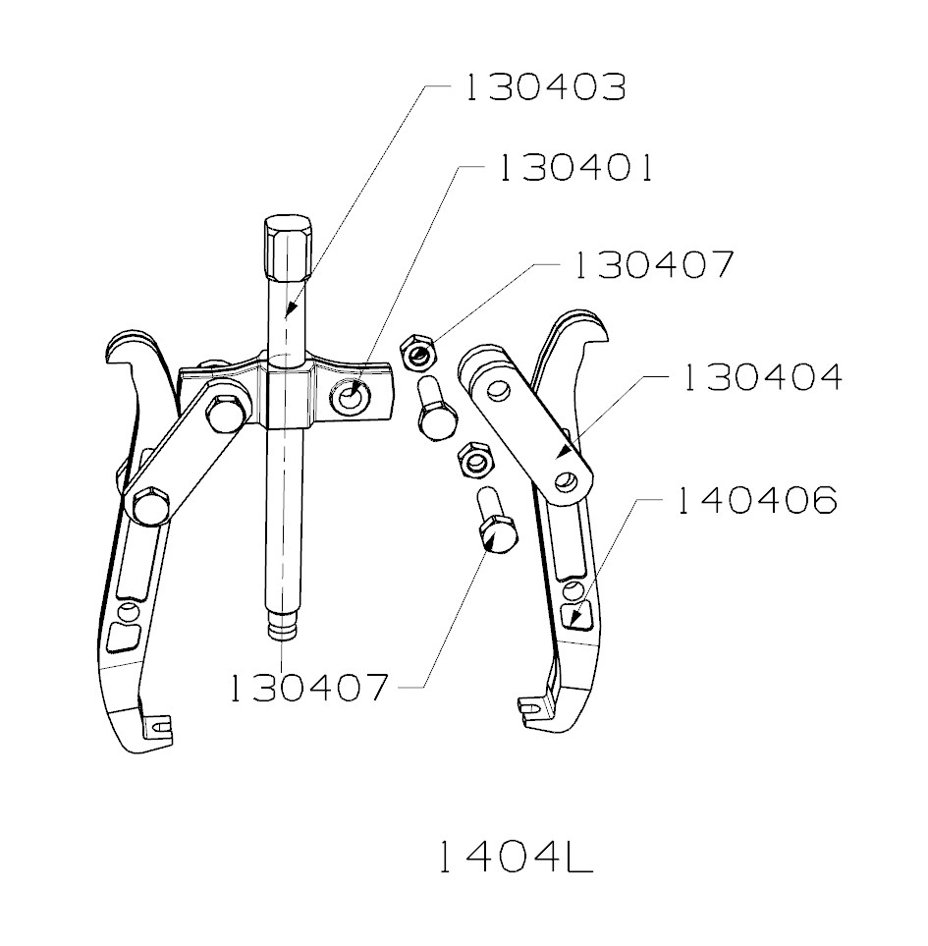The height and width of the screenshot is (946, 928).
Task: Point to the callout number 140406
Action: pyautogui.click(x=754, y=501)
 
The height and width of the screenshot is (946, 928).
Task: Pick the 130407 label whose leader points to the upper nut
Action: pyautogui.click(x=652, y=265)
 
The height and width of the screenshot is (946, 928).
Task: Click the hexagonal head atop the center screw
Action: pyautogui.click(x=288, y=243)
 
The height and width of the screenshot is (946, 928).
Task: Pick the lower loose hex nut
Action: pyautogui.click(x=474, y=457)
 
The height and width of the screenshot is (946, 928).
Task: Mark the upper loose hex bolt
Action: pyautogui.click(x=433, y=411)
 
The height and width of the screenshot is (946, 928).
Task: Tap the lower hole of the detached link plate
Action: pyautogui.click(x=567, y=481)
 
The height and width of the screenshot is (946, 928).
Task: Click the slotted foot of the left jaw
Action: pyautogui.click(x=156, y=728)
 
